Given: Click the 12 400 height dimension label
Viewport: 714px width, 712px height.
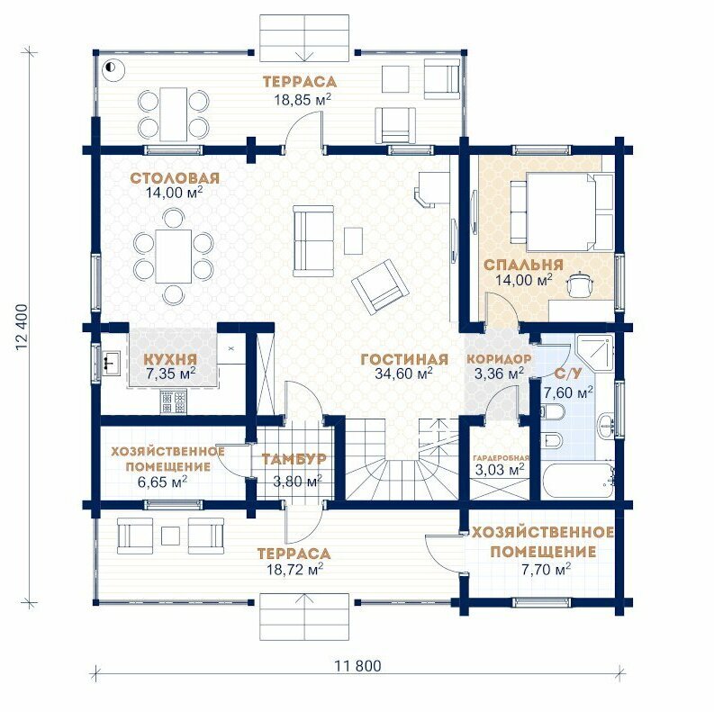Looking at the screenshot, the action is [22, 327].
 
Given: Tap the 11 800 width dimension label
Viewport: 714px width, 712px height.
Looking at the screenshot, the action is [358, 666].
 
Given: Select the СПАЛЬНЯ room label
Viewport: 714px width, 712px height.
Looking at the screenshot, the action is [523, 265].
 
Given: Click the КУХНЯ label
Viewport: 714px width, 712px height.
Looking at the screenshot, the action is [170, 359].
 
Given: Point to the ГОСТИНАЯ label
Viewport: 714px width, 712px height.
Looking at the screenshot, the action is [404, 359].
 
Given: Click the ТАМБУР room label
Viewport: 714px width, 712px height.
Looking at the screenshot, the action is [294, 459].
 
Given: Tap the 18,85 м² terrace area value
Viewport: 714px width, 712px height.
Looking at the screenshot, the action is [303, 99].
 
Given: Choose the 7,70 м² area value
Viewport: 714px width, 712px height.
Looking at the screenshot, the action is [546, 569].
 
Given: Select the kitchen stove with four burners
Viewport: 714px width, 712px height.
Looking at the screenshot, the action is [174, 402].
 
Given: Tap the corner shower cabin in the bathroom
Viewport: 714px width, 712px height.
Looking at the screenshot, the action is [594, 352].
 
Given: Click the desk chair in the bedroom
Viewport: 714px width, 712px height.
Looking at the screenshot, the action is [580, 284].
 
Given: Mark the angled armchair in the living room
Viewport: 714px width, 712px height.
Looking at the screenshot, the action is [380, 285].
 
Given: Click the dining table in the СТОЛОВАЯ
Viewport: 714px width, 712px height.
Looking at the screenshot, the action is [173, 257].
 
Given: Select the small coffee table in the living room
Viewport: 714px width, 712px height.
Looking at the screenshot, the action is [353, 241].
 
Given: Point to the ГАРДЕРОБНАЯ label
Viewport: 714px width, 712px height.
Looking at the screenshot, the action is [501, 458].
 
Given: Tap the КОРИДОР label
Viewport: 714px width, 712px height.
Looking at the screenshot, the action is [499, 359].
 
